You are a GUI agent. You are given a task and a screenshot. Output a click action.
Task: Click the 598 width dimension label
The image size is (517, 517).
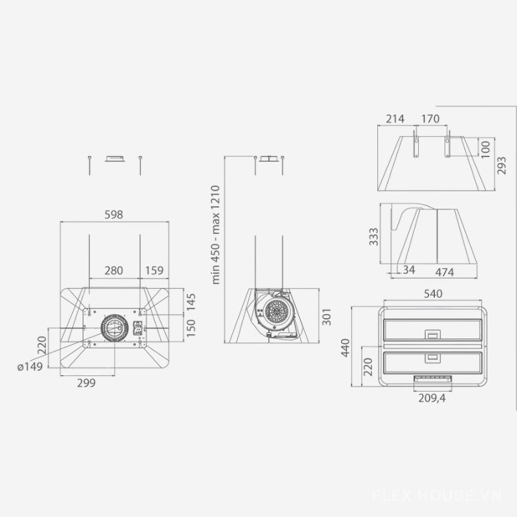pyautogui.click(x=114, y=215)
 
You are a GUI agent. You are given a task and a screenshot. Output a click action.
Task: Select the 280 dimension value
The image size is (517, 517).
pyautogui.click(x=114, y=271)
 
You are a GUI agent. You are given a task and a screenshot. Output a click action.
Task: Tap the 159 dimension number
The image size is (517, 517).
pyautogui.click(x=154, y=271)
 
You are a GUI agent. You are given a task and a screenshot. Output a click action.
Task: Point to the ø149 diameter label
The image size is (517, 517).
pyautogui.click(x=30, y=366)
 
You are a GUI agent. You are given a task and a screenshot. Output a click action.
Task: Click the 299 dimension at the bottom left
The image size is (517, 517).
pyautogui.click(x=86, y=383)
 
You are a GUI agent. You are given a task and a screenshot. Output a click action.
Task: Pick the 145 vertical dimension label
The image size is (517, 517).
pyautogui.click(x=190, y=301)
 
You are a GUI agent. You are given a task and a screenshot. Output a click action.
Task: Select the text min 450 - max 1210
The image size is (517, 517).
pyautogui.click(x=216, y=235)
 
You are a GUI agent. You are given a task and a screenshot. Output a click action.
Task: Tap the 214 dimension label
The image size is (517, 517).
pyautogui.click(x=395, y=119)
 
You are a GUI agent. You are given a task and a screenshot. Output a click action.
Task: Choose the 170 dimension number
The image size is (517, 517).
pyautogui.click(x=430, y=119)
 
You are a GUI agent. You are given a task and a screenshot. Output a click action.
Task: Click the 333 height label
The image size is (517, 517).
pyautogui.click(x=374, y=236)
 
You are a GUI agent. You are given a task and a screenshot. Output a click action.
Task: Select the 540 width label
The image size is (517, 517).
pyautogui.click(x=433, y=294)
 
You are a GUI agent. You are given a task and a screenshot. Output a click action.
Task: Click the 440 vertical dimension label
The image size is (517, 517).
pyautogui.click(x=345, y=347)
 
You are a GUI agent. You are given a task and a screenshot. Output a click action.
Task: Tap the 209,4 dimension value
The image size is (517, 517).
pyautogui.click(x=432, y=398)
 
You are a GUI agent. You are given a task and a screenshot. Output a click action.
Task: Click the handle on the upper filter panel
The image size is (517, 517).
pyautogui.click(x=432, y=334)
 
